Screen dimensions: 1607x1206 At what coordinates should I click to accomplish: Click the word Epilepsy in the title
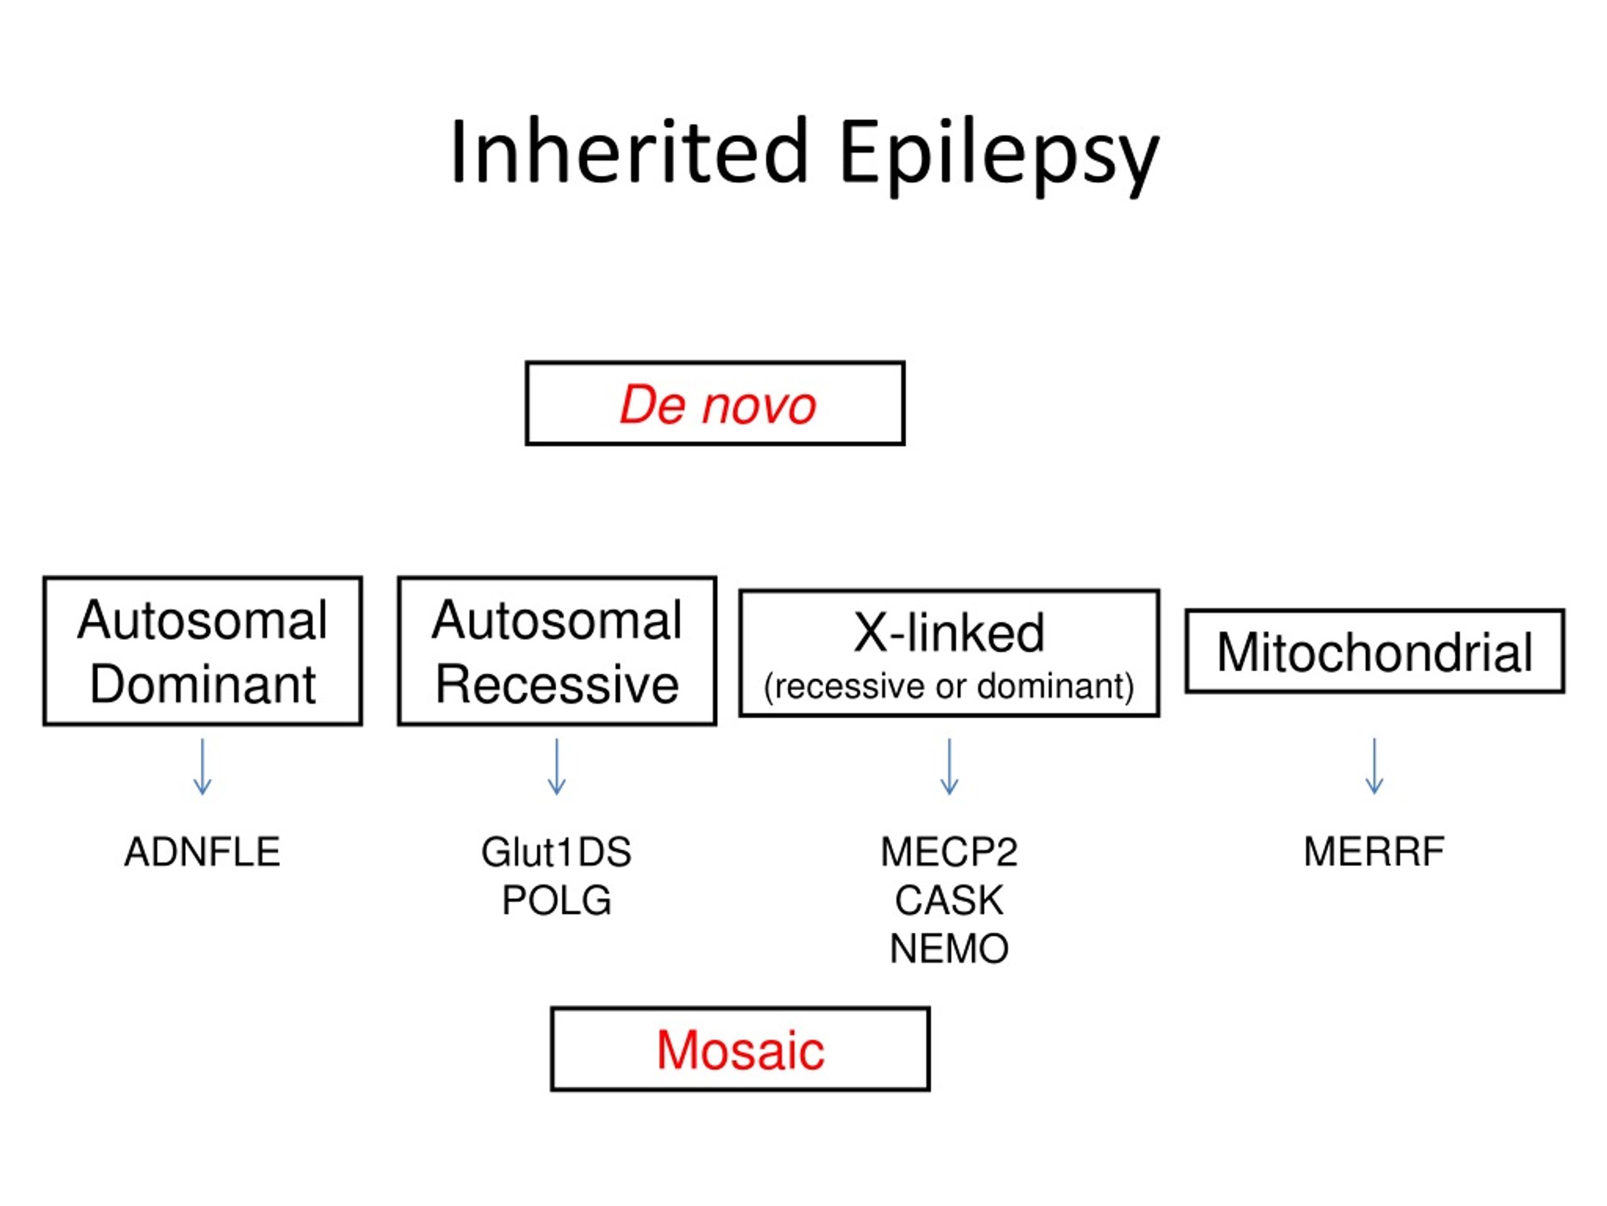pyautogui.click(x=999, y=156)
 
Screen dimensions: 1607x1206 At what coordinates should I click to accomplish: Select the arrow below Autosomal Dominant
pyautogui.click(x=203, y=766)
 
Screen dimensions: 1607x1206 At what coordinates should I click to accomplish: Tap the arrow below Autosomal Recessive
pyautogui.click(x=557, y=766)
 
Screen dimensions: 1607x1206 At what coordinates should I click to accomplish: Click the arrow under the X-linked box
pyautogui.click(x=950, y=766)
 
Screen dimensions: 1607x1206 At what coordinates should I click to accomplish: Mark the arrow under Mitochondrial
pyautogui.click(x=1375, y=766)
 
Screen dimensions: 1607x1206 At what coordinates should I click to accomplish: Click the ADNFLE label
pyautogui.click(x=202, y=852)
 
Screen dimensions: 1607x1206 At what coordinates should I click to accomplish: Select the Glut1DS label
pyautogui.click(x=557, y=852)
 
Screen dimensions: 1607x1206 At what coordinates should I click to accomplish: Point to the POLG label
pyautogui.click(x=557, y=900)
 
